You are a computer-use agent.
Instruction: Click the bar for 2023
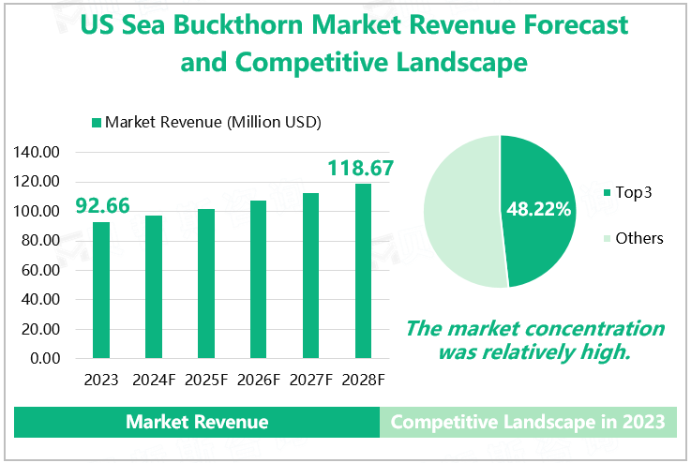(x=101, y=290)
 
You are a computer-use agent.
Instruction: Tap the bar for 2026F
(x=259, y=279)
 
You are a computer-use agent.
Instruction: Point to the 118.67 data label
(x=360, y=169)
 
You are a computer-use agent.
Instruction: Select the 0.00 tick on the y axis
(x=46, y=358)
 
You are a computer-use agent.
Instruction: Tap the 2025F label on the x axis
(x=206, y=380)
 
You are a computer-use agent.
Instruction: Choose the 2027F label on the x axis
(x=311, y=380)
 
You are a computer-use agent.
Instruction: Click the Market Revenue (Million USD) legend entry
(x=206, y=122)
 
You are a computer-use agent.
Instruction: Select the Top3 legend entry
(x=625, y=193)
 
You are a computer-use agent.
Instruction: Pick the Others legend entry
(x=631, y=238)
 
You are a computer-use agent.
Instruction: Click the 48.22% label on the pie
(x=539, y=209)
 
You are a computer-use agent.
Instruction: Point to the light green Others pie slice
(x=459, y=211)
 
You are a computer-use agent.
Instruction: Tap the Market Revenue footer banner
(x=197, y=422)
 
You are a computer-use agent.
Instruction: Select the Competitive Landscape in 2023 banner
(x=528, y=422)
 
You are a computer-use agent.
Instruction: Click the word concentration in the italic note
(x=586, y=329)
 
